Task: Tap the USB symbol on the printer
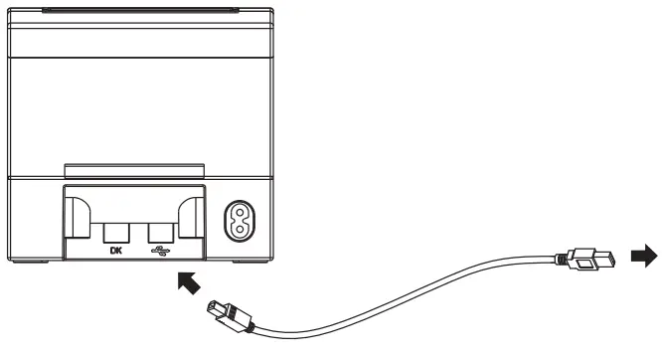(160, 250)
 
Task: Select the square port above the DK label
(113, 231)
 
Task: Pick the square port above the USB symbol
(160, 231)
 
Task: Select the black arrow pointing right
(643, 257)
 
